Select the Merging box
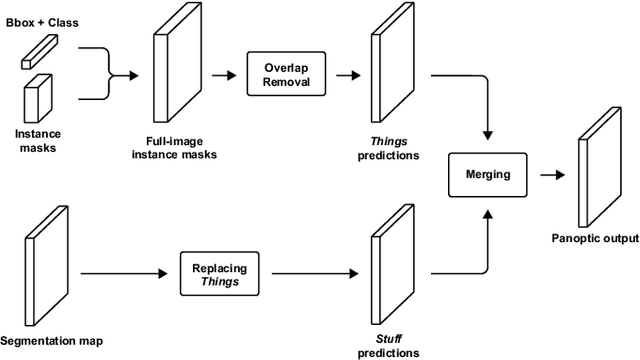488,174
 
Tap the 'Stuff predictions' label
388,345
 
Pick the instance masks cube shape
36,98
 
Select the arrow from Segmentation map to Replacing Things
121,271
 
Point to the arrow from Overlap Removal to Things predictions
347,74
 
